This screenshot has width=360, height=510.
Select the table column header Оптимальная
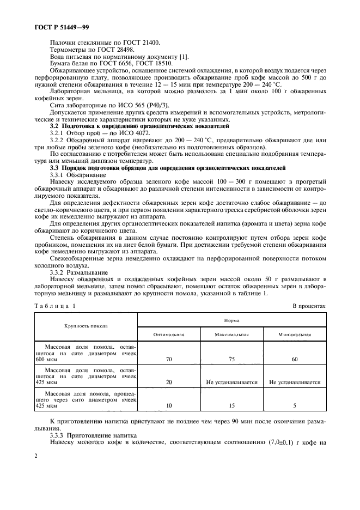tap(169, 335)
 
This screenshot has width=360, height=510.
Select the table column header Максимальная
tap(231, 335)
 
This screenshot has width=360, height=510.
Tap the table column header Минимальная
tap(294, 335)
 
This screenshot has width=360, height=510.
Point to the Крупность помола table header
tap(86, 326)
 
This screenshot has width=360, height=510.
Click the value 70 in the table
tap(169, 360)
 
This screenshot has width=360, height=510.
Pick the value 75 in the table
tap(231, 360)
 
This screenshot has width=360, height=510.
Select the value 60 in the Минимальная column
tap(294, 360)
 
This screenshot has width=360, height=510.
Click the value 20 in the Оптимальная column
tap(169, 382)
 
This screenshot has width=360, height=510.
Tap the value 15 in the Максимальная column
tap(231, 406)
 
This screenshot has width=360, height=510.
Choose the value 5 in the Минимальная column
tap(294, 406)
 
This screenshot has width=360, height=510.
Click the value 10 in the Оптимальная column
tap(169, 406)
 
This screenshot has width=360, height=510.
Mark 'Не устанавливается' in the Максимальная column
tap(231, 382)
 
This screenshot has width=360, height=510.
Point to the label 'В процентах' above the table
tap(308, 306)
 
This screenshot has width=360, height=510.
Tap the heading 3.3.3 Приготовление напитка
tap(91, 435)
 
